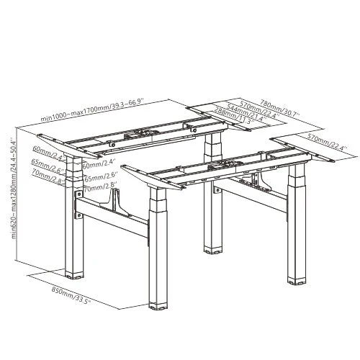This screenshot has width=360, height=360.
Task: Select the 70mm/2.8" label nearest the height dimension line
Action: click(47, 174)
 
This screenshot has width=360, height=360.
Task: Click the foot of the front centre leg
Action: click(160, 306)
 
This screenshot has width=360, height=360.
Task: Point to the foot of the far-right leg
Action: click(297, 279)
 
